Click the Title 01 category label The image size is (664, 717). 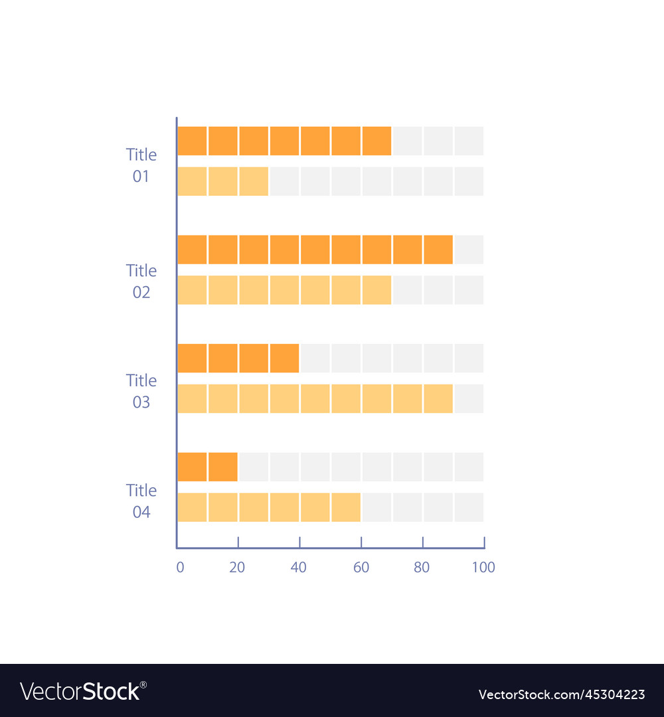coord(141,165)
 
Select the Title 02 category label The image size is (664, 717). coord(141,281)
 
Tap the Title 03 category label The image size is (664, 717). coord(141,391)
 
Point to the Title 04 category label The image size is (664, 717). coord(141,501)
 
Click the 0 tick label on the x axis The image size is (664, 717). coord(180,567)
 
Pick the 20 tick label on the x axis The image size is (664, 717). coord(237,567)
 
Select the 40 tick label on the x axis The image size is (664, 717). coord(299,567)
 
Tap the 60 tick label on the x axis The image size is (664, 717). coord(361,567)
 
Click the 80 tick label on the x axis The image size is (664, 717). coord(422,567)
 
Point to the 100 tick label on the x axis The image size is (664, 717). coord(483,567)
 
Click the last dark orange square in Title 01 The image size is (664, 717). coord(376,141)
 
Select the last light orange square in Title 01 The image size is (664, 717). coord(254,181)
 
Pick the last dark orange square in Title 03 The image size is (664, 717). coord(284,358)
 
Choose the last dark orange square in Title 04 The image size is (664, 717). coord(223,467)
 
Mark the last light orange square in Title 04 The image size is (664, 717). coord(346,507)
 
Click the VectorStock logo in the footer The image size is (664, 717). coord(83,691)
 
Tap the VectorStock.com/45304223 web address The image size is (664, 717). coord(562,694)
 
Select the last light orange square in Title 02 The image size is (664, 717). coord(376,290)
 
